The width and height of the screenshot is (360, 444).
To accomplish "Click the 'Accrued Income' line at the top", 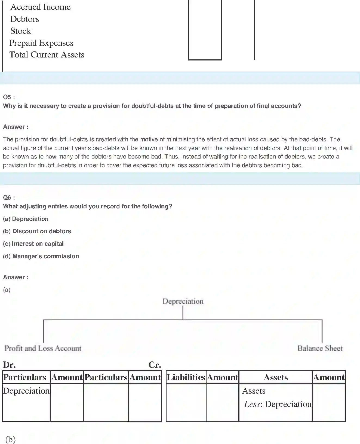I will [x=40, y=7].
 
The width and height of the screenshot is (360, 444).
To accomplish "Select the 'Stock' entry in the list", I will [x=21, y=31].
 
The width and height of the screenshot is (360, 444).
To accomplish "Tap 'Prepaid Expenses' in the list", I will [x=41, y=43].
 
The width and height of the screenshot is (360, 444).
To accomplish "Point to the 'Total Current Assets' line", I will [x=47, y=55].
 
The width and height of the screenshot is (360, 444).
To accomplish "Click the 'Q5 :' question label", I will [x=9, y=97].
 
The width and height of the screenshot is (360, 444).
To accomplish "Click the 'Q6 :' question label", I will [x=9, y=198].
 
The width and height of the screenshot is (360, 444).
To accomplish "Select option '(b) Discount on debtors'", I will [x=37, y=231].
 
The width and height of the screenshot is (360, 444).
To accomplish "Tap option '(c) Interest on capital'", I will [x=33, y=244].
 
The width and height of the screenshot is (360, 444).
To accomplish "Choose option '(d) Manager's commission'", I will [x=41, y=256].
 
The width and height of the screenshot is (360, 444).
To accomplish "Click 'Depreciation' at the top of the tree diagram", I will [x=183, y=301].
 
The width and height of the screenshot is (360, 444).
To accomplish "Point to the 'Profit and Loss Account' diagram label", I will [x=43, y=348].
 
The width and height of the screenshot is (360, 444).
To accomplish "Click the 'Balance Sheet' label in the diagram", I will [x=320, y=348].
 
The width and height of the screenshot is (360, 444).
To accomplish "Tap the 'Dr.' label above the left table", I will [x=9, y=365].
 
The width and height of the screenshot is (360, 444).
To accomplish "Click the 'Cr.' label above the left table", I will [x=155, y=365].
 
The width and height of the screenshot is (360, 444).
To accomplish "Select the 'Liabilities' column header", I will [x=186, y=378].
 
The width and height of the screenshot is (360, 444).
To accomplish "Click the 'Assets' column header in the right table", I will [x=276, y=378].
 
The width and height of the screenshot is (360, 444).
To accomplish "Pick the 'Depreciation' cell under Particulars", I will [x=26, y=391].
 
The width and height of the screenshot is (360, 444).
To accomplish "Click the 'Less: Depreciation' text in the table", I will [x=278, y=404].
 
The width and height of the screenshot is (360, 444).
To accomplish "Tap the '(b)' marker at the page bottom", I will [x=10, y=439].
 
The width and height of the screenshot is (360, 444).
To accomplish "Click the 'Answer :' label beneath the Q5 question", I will [x=16, y=127].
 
